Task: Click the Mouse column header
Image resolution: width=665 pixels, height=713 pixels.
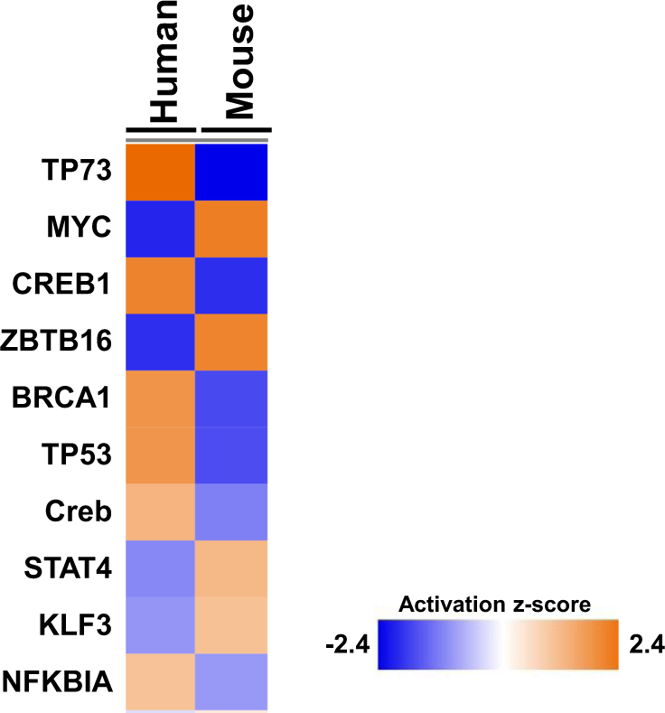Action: click(x=239, y=62)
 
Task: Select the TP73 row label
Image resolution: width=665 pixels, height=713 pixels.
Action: click(x=76, y=171)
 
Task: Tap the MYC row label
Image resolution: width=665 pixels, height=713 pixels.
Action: click(x=80, y=227)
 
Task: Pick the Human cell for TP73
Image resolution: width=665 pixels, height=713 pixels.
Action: click(x=160, y=172)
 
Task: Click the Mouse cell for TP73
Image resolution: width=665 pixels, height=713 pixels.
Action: click(x=232, y=172)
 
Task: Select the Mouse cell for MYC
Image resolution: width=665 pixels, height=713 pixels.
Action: click(x=232, y=229)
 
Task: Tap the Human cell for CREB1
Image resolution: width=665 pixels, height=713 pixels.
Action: click(x=160, y=286)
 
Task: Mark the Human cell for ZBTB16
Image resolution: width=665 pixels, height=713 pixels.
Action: click(x=160, y=342)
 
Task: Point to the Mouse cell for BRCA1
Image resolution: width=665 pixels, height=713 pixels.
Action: click(x=232, y=399)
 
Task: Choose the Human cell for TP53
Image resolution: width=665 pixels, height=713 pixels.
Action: click(x=160, y=455)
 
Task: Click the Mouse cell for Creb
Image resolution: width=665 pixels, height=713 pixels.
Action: click(x=232, y=511)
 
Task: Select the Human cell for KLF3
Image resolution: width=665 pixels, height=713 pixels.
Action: click(x=160, y=625)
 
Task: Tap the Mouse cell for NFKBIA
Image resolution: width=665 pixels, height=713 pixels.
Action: click(x=232, y=681)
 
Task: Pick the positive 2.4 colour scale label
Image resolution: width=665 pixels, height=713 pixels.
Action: click(x=644, y=645)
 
